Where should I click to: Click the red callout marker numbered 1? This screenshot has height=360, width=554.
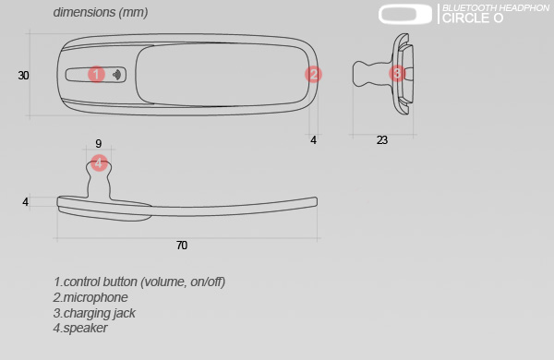[96, 75]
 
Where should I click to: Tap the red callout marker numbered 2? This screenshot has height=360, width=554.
[313, 75]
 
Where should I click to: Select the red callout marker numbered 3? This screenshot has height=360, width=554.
[397, 74]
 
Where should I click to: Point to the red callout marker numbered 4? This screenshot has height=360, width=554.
[99, 162]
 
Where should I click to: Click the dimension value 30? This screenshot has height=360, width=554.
[23, 76]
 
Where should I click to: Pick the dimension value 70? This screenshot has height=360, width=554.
[182, 246]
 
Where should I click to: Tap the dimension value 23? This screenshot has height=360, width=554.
[382, 140]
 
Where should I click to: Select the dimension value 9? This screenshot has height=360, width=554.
[99, 143]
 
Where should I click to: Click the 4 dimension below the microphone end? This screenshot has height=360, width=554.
[313, 140]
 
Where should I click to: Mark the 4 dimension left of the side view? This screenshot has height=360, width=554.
[25, 202]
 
